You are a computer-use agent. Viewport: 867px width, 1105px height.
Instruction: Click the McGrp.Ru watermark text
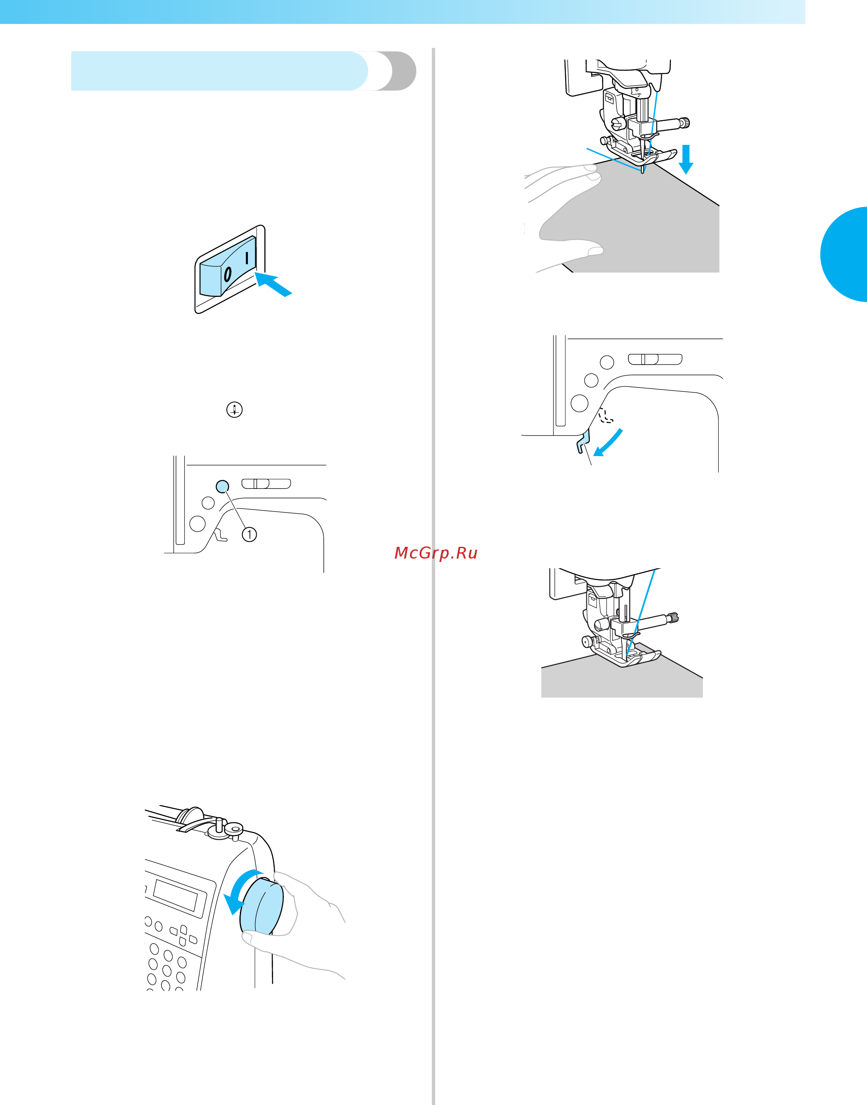click(436, 553)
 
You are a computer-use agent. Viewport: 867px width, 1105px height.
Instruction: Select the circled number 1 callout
click(249, 535)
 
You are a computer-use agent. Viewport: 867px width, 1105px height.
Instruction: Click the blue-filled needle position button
click(222, 486)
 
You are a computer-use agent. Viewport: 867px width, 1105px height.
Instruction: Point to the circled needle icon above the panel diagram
click(234, 409)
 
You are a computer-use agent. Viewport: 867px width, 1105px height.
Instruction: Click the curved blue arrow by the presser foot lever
click(608, 443)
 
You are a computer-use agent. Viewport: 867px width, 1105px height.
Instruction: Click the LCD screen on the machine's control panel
click(176, 894)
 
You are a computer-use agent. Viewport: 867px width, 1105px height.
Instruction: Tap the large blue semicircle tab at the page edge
click(845, 254)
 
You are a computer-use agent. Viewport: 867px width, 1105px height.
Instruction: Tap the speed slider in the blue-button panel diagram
click(266, 484)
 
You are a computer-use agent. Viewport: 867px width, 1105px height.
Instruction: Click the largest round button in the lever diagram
click(579, 403)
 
